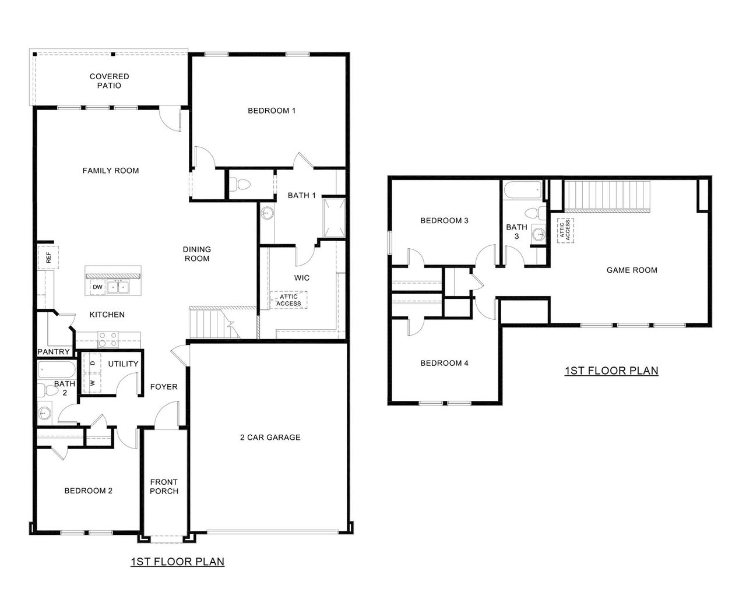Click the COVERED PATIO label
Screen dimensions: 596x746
point(110,81)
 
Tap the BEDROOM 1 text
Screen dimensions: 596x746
point(272,111)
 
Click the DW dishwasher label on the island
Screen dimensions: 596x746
point(97,287)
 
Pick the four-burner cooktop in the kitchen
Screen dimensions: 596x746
point(107,336)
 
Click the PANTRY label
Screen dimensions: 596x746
point(54,352)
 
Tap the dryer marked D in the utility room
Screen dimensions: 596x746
point(92,363)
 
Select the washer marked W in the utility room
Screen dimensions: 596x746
point(92,383)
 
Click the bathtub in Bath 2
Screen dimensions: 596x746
point(57,369)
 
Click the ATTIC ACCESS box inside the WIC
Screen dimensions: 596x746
point(288,300)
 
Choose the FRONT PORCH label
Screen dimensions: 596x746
point(164,486)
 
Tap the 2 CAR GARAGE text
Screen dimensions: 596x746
point(270,437)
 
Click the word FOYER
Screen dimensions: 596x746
point(164,387)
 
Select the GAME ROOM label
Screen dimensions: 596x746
point(632,270)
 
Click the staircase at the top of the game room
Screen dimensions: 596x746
point(607,196)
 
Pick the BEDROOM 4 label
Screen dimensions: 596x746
point(444,363)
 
